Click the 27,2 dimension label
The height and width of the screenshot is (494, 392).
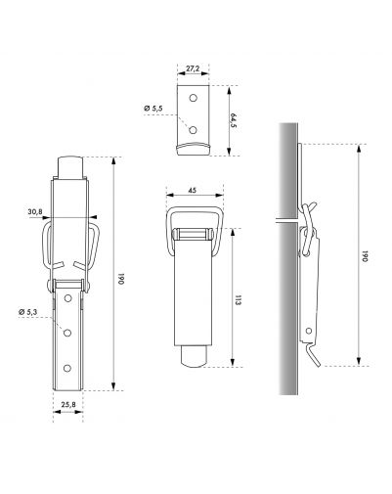click(193, 68)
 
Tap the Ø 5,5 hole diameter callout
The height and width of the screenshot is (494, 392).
click(153, 109)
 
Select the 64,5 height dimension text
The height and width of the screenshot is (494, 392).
click(234, 120)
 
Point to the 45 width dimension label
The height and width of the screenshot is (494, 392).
click(193, 190)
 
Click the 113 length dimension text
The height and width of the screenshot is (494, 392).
click(238, 300)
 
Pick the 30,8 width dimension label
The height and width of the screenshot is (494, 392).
click(35, 211)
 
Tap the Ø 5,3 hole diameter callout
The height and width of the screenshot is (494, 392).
click(28, 312)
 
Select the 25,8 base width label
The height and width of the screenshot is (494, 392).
click(68, 404)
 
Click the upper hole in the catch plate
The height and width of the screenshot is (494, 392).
click(194, 98)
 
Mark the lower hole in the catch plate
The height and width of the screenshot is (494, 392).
click(194, 130)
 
